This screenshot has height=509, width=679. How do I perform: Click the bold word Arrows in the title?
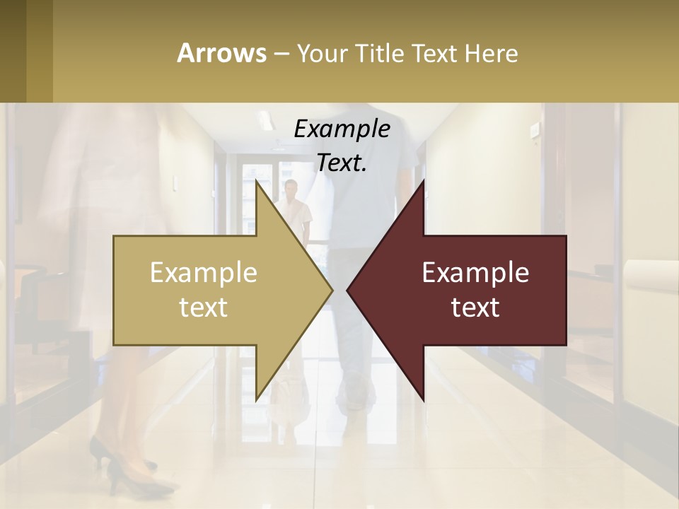tap(221, 53)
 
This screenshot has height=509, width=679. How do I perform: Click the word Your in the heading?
tap(322, 54)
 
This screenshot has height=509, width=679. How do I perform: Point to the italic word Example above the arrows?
tap(342, 129)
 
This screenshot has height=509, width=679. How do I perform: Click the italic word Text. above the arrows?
tap(342, 163)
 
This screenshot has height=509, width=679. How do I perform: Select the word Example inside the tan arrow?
tap(204, 273)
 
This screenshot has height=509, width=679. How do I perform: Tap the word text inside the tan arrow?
tap(204, 308)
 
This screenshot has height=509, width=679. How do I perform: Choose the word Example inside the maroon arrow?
tap(475, 273)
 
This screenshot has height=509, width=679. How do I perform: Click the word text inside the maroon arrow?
tap(475, 308)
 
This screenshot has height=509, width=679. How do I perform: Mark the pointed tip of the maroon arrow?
tap(348, 290)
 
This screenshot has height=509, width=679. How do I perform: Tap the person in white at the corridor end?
tap(291, 209)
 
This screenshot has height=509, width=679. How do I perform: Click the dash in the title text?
tap(281, 54)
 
